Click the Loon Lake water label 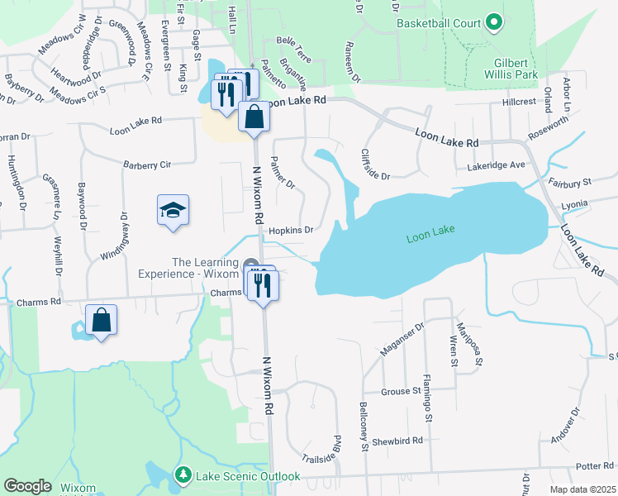[x=431, y=238]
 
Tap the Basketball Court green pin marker [x=494, y=22]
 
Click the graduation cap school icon [x=174, y=211]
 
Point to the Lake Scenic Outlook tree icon [x=183, y=475]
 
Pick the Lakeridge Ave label [x=495, y=165]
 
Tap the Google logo [x=27, y=486]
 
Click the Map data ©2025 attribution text [x=582, y=489]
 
